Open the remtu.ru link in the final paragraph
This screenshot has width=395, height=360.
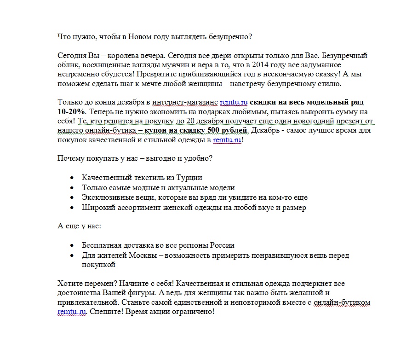[x=72, y=312]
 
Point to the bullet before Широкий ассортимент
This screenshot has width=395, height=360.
[x=71, y=208]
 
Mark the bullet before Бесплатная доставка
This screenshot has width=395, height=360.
[x=71, y=245]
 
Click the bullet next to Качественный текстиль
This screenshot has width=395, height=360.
[x=71, y=178]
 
